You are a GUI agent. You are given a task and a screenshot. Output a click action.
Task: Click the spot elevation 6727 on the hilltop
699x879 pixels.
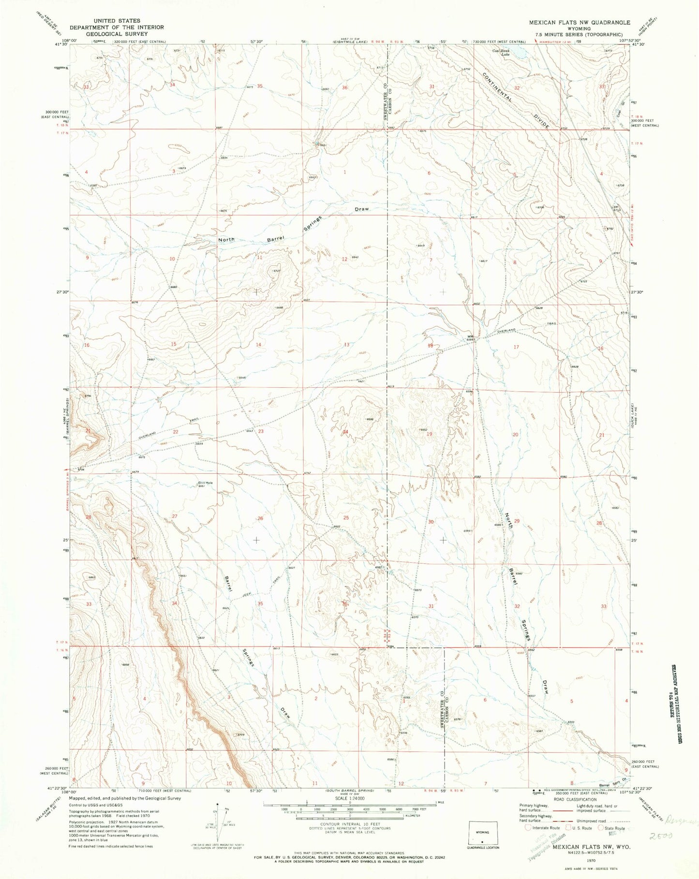pos(277,271)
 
